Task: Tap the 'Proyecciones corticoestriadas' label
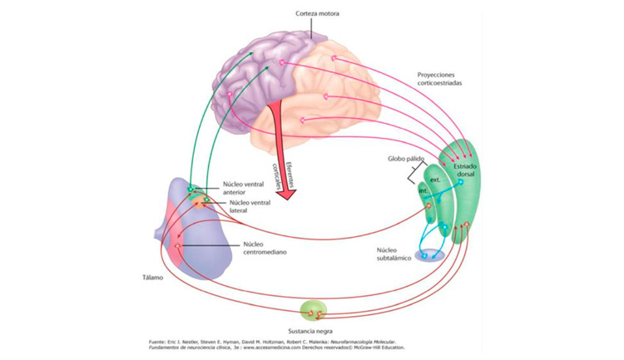tap(441, 79)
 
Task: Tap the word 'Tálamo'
tap(151, 278)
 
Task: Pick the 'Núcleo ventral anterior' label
tap(244, 189)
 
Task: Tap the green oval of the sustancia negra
tap(315, 312)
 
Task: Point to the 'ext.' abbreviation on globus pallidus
tap(434, 179)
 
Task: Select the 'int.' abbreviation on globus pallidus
tap(423, 190)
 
